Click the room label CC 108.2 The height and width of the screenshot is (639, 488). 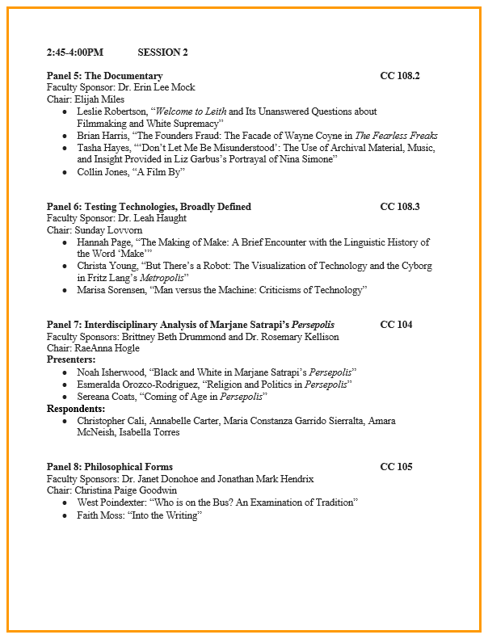(x=399, y=76)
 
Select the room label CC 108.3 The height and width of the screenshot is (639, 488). (x=399, y=207)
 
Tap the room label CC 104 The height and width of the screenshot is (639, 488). (x=396, y=325)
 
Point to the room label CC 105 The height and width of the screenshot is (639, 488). (x=396, y=467)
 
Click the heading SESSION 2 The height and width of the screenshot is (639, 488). (x=162, y=53)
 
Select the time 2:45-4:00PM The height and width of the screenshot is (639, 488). (x=75, y=53)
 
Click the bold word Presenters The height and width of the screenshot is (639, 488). (x=70, y=359)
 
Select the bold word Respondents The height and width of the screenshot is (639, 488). (x=76, y=409)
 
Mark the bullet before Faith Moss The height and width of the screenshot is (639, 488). (x=65, y=515)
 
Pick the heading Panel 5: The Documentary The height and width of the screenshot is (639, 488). (x=104, y=76)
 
